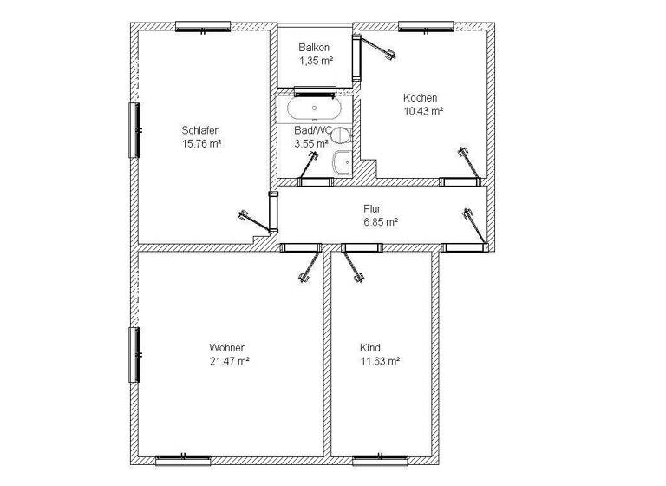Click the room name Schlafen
200,130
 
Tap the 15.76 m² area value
201,143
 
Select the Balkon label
315,48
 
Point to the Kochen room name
420,98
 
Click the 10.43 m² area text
422,111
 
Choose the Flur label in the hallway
372,209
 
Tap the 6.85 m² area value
381,222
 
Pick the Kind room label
370,347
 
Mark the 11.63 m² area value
379,360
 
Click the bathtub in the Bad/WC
314,110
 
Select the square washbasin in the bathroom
343,161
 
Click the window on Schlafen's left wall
134,130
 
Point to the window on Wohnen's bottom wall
183,459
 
